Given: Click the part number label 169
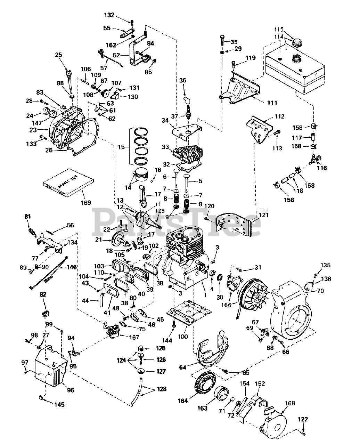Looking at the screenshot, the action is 86,203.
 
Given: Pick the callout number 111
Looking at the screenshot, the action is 272,103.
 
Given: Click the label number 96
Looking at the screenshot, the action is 71,390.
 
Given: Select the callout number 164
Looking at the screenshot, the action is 183,400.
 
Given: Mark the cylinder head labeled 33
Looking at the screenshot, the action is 188,154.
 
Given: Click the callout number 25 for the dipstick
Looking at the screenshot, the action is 59,55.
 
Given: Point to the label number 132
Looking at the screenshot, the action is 109,15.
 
